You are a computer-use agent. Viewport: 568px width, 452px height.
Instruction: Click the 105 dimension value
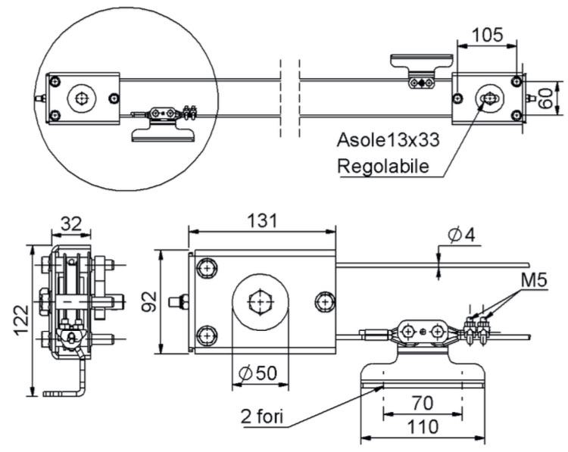tap(488, 35)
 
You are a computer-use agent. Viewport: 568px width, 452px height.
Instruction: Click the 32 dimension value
tap(70, 225)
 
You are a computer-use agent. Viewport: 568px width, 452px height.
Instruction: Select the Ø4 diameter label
tap(460, 235)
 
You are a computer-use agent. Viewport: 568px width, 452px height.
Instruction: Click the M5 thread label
tap(535, 282)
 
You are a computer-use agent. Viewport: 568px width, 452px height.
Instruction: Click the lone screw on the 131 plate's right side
tap(325, 301)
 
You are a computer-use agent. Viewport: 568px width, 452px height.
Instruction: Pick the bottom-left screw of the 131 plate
tap(207, 334)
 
